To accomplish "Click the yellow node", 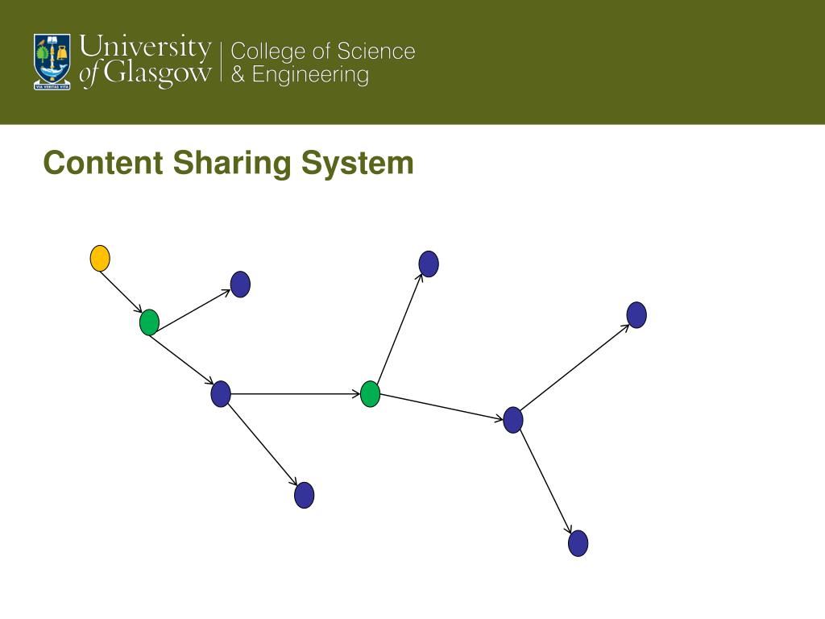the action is (99, 258).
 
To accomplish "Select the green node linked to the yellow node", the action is (149, 322).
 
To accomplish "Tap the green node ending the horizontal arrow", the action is (370, 394).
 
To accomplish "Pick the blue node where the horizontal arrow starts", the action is (221, 394).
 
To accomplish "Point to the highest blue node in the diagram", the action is (429, 264).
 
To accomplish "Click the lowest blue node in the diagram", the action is (578, 543).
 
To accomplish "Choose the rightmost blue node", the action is (636, 314).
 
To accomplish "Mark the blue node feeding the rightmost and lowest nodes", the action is (513, 420).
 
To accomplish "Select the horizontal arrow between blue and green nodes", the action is (294, 394).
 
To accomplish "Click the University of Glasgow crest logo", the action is (52, 61).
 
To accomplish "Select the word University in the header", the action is (146, 47).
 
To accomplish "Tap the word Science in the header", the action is (376, 52).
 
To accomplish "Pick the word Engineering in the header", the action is (310, 76).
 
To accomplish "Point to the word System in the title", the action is (358, 164).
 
